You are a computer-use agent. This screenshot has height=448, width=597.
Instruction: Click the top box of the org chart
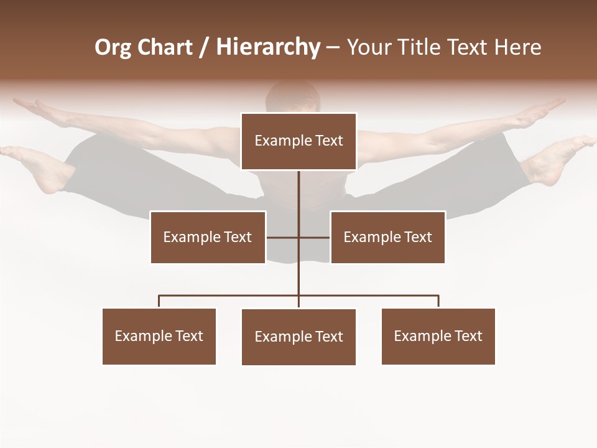click(x=298, y=141)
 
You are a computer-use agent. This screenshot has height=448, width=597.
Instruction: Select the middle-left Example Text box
click(x=208, y=237)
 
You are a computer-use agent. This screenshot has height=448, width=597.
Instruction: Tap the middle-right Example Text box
click(x=387, y=237)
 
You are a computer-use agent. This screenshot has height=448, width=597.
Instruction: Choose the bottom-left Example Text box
click(x=159, y=336)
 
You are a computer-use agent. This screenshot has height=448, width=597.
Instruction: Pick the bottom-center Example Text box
click(x=298, y=337)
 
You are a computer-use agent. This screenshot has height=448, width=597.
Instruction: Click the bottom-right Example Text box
click(x=438, y=336)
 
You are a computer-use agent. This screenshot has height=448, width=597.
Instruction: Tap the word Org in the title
click(x=113, y=47)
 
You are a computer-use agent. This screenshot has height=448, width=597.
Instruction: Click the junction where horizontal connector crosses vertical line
click(x=298, y=237)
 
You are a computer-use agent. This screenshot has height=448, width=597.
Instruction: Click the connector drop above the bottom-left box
click(x=159, y=301)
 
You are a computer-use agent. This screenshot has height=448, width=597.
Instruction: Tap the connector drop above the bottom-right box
click(x=438, y=301)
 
